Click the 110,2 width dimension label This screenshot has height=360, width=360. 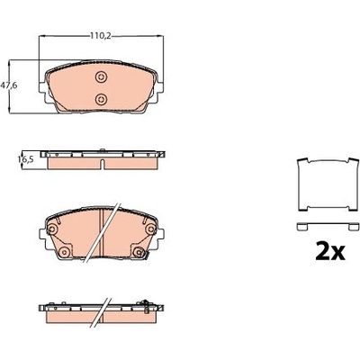[x=101, y=36]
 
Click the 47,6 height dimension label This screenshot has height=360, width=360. [x=9, y=85]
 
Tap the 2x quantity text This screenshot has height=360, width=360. [x=330, y=251]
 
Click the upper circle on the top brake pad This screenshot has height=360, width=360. [x=101, y=77]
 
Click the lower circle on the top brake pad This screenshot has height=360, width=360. [x=101, y=98]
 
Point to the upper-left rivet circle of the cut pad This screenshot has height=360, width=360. [x=53, y=229]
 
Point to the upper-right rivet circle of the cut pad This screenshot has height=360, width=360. [x=150, y=229]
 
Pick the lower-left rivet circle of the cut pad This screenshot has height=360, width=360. [x=64, y=252]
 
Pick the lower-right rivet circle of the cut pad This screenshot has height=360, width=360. [x=139, y=252]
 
